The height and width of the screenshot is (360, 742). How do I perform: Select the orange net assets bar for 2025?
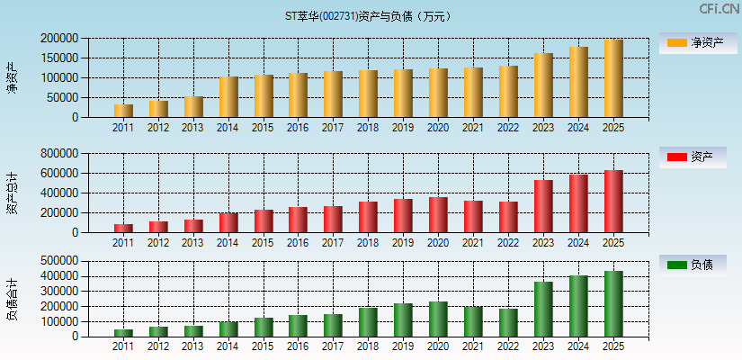point(613,78)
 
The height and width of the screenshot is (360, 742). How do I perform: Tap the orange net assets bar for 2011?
point(123,111)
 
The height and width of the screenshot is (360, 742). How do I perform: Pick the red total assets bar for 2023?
point(543,206)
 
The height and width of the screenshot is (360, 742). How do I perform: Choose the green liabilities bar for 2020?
point(438,319)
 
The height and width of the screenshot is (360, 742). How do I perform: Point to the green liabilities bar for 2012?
point(158,331)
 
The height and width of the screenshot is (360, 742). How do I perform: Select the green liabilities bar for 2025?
point(613,303)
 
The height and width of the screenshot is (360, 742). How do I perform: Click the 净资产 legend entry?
point(693,42)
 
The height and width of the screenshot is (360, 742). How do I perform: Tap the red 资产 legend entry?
point(693,157)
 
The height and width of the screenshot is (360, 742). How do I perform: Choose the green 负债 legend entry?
point(693,265)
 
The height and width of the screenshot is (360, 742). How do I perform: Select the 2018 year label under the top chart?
point(368,128)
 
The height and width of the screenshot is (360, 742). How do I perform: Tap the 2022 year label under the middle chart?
point(508,243)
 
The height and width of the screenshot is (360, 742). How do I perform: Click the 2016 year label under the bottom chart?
point(298,347)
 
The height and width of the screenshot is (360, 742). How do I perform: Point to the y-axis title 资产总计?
point(13,193)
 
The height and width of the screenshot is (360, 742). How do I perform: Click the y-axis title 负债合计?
point(13,299)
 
